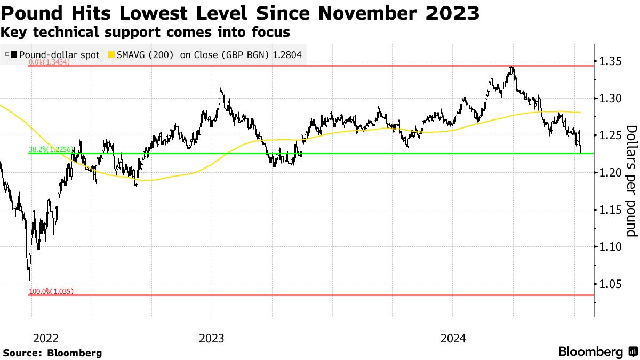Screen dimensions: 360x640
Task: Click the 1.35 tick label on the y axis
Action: click(x=610, y=61)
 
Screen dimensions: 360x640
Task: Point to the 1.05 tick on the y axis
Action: click(x=610, y=284)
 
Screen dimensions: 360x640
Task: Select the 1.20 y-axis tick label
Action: click(x=610, y=172)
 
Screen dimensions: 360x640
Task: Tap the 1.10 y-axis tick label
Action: click(x=610, y=246)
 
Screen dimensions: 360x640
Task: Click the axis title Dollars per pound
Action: click(x=631, y=181)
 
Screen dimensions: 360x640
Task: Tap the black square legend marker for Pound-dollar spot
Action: click(x=14, y=54)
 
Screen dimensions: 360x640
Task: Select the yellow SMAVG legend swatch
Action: click(x=111, y=54)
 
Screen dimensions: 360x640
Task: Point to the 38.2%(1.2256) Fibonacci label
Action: click(x=48, y=150)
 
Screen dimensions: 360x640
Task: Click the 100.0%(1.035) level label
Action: click(x=51, y=291)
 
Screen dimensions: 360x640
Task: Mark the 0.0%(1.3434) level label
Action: click(x=50, y=62)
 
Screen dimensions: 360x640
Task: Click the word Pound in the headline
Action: click(x=35, y=13)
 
